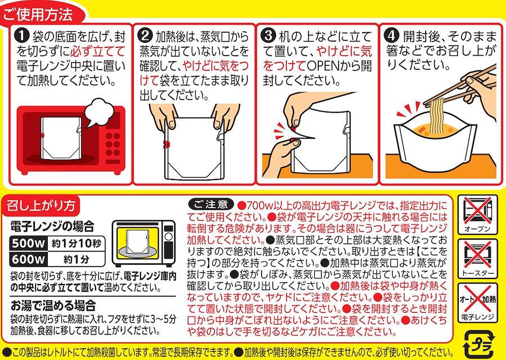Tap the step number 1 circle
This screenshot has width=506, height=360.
(x=22, y=36)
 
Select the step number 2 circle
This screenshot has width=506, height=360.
(x=145, y=35)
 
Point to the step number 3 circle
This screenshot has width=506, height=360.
(x=269, y=35)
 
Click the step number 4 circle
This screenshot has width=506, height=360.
(x=392, y=35)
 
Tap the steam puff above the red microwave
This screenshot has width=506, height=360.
(x=99, y=112)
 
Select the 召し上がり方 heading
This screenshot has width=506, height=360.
(x=41, y=205)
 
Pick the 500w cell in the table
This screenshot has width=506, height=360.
(x=28, y=243)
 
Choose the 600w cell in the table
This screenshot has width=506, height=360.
(x=28, y=259)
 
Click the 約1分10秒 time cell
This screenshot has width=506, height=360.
(x=76, y=243)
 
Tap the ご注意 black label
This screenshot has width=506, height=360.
(x=210, y=204)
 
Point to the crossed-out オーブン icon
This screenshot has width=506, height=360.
(x=477, y=214)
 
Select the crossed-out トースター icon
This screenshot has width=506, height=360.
(x=477, y=259)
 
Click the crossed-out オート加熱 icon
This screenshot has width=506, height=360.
(x=477, y=303)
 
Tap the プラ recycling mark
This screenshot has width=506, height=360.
(x=478, y=344)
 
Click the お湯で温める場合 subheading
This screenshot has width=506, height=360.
(x=53, y=305)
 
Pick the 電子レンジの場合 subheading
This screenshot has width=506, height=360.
(x=52, y=226)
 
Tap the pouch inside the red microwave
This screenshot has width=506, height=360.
(x=61, y=138)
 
